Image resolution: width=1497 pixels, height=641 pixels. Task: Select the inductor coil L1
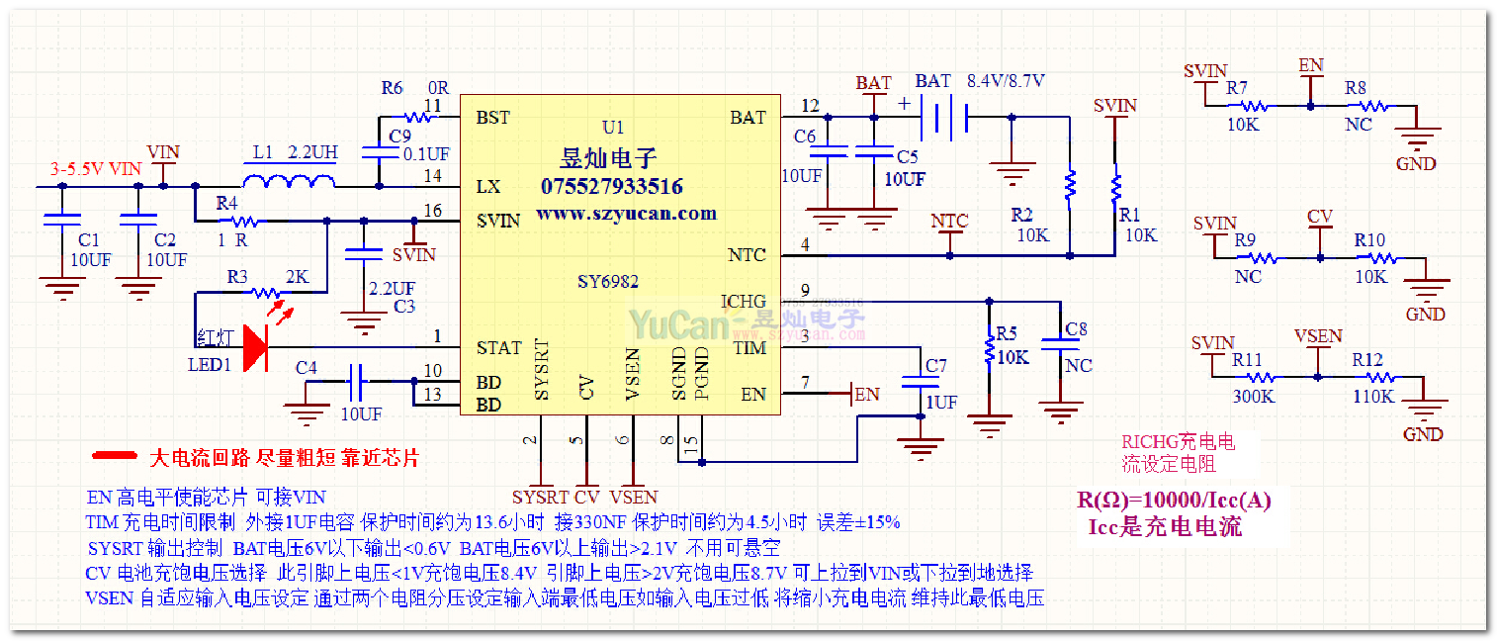click(289, 181)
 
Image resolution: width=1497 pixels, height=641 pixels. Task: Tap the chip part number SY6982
click(608, 282)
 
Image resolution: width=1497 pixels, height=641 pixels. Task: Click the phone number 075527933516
click(611, 187)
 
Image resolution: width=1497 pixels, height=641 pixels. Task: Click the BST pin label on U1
click(493, 118)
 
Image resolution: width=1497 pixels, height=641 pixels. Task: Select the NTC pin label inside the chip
click(747, 255)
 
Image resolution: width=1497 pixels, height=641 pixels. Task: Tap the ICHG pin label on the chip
click(743, 302)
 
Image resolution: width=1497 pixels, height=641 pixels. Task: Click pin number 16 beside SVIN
click(432, 211)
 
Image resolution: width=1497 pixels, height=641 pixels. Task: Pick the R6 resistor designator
click(393, 88)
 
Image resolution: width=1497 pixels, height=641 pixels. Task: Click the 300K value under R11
click(1253, 397)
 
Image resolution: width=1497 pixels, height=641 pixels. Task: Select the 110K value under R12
click(1373, 397)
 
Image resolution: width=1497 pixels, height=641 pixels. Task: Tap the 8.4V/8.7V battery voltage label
click(1006, 81)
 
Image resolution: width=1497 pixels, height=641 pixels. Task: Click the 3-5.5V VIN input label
click(96, 169)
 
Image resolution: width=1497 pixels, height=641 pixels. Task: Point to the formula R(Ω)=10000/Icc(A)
click(1174, 501)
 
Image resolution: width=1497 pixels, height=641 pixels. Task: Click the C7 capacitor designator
click(935, 367)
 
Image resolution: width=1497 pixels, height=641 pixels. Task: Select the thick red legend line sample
click(115, 456)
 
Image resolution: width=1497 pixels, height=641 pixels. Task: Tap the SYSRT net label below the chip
click(540, 497)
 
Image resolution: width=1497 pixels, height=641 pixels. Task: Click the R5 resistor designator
click(1007, 332)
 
